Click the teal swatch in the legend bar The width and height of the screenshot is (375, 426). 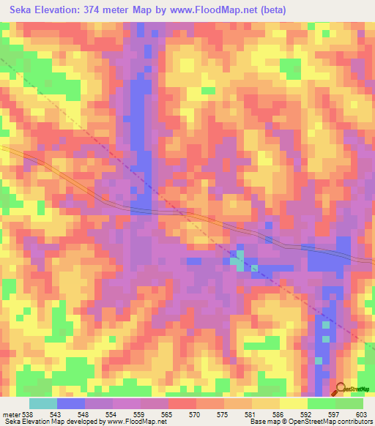pyautogui.click(x=43, y=404)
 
